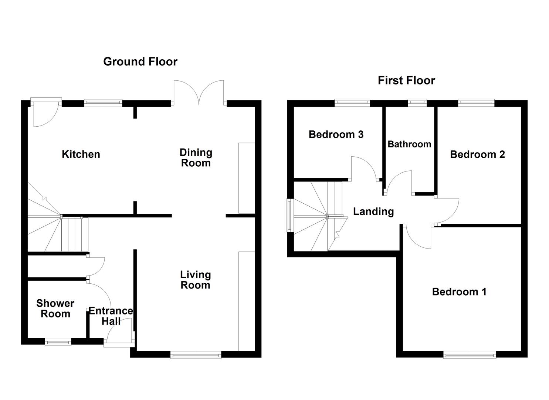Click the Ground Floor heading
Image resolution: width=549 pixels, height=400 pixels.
[140, 61]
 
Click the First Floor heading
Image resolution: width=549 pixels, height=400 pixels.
[406, 80]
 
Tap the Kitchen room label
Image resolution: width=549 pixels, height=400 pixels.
[81, 154]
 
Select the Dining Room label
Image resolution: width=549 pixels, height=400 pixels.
[196, 157]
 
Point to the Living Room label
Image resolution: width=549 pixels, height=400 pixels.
[195, 280]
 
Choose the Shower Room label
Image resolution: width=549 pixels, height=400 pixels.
[55, 309]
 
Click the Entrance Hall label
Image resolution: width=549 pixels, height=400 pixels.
[111, 316]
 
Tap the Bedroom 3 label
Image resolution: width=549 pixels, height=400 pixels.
[336, 134]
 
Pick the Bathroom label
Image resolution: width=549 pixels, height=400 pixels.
[409, 144]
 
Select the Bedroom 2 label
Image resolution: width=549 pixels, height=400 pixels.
[477, 154]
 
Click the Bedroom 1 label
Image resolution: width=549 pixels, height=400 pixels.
[459, 292]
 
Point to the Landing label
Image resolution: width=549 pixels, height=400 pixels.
[373, 211]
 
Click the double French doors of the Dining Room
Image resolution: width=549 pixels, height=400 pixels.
[199, 93]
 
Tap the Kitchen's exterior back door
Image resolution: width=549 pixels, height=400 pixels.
[45, 111]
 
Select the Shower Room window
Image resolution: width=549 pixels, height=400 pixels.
[58, 342]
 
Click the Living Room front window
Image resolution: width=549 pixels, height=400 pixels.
[196, 355]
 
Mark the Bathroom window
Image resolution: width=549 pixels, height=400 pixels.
[417, 102]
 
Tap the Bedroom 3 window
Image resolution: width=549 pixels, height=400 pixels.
[352, 102]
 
